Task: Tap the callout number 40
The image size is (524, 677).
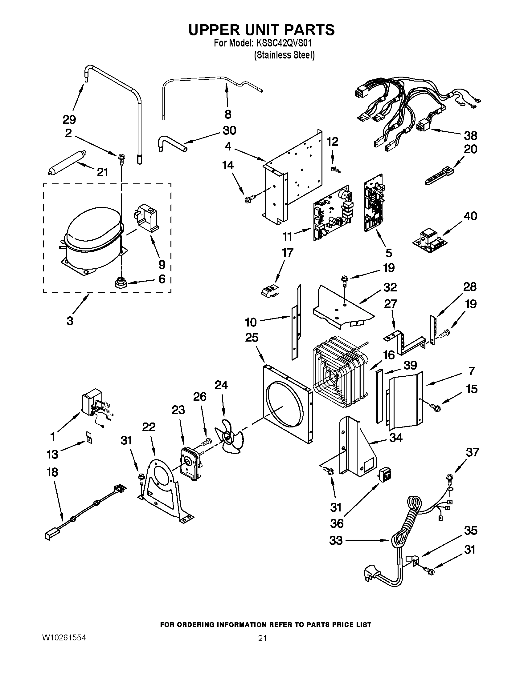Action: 470,216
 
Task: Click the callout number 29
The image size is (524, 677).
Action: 69,119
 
